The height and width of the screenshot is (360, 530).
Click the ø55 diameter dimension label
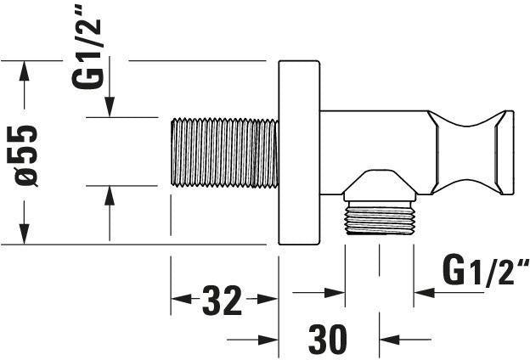[x=26, y=156]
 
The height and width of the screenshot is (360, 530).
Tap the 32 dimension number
[x=222, y=301]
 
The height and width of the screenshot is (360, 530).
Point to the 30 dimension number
[x=328, y=339]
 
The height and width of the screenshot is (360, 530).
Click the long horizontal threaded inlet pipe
[x=224, y=153]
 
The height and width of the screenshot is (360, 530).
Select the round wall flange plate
[x=299, y=153]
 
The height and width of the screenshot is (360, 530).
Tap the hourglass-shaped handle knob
[x=471, y=153]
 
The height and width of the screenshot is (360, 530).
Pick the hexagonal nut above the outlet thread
[x=380, y=186]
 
